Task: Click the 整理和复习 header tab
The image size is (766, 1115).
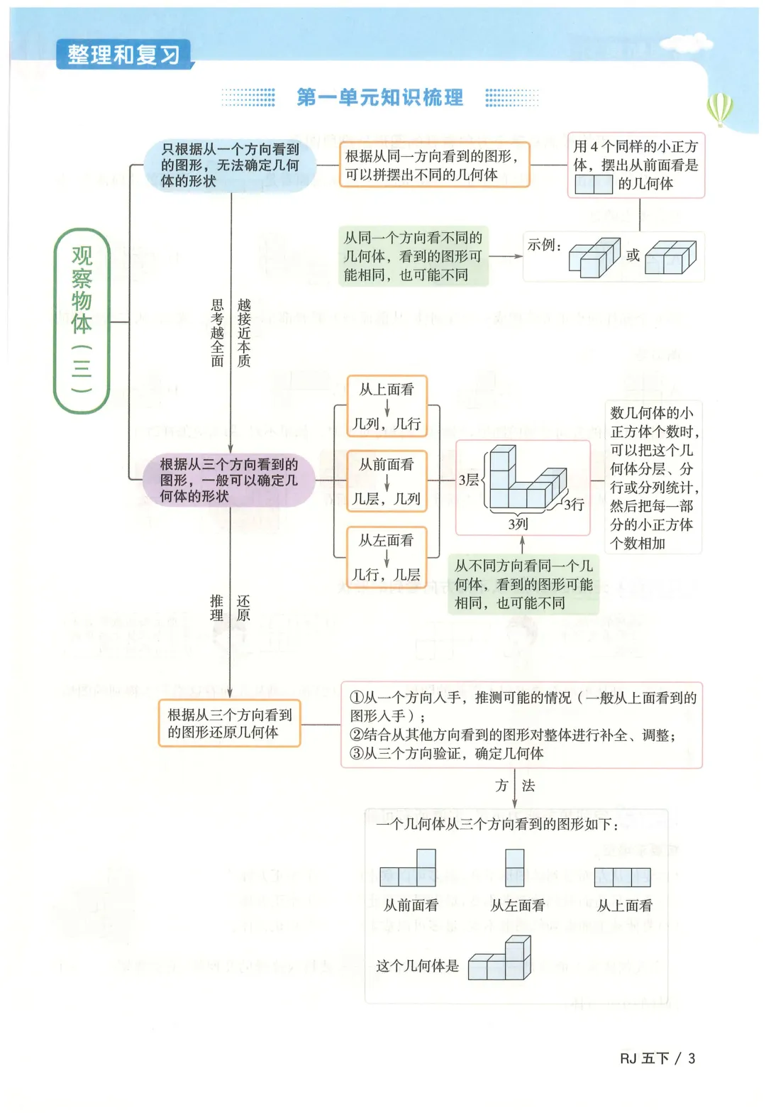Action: pyautogui.click(x=123, y=55)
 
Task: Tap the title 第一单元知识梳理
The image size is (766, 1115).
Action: pyautogui.click(x=379, y=97)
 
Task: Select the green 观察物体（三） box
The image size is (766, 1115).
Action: pyautogui.click(x=82, y=320)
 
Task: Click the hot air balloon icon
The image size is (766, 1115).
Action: pyautogui.click(x=719, y=109)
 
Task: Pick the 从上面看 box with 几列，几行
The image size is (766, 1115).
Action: pyautogui.click(x=387, y=407)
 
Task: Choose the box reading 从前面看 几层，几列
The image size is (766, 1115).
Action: pyautogui.click(x=387, y=482)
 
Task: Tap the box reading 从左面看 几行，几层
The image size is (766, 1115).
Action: pyautogui.click(x=387, y=558)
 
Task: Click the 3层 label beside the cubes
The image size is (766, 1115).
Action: pyautogui.click(x=469, y=480)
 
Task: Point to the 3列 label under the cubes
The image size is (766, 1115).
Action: pyautogui.click(x=518, y=524)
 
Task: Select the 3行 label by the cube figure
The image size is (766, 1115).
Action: pyautogui.click(x=574, y=505)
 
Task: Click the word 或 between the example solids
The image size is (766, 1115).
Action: pyautogui.click(x=633, y=255)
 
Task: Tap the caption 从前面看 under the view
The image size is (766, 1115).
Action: pyautogui.click(x=411, y=905)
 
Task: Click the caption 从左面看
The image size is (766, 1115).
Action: pyautogui.click(x=518, y=905)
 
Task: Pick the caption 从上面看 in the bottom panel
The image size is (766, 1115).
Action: pyautogui.click(x=624, y=905)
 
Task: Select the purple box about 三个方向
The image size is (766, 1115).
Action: pyautogui.click(x=228, y=480)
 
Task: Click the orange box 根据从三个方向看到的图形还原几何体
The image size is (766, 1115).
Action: pyautogui.click(x=229, y=723)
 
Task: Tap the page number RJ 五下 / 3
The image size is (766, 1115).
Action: pyautogui.click(x=657, y=1058)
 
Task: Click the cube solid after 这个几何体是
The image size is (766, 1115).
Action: pyautogui.click(x=500, y=960)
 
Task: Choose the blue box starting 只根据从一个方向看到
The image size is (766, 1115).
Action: pyautogui.click(x=230, y=165)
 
